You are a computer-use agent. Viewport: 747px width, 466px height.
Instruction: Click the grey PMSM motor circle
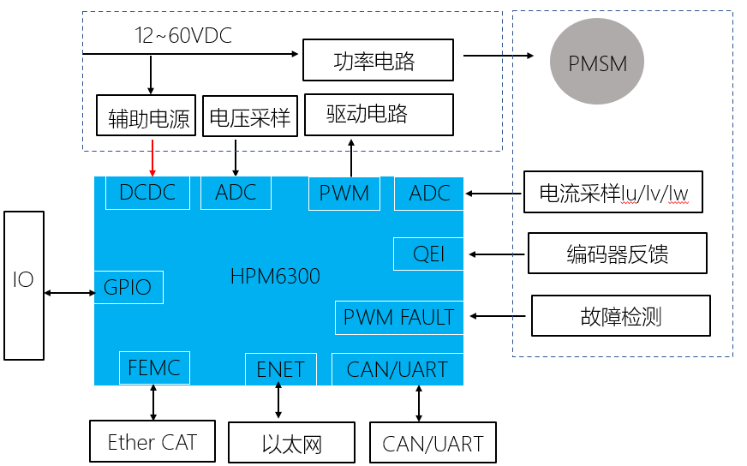tap(598, 63)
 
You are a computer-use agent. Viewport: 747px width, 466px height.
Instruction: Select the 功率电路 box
tap(374, 61)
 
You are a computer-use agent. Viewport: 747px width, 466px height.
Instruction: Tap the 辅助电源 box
tap(149, 116)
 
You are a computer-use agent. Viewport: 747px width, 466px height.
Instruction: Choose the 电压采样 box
tap(250, 116)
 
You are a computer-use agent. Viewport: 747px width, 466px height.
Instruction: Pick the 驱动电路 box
tap(379, 114)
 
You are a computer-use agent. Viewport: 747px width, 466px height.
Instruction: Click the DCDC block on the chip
tap(147, 193)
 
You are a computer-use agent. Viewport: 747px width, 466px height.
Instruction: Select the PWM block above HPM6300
tap(344, 194)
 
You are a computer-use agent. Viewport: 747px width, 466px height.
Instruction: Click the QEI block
tap(428, 254)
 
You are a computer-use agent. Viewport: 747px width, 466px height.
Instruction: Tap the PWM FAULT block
tap(398, 318)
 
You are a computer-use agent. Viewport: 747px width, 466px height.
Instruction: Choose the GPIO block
tap(128, 287)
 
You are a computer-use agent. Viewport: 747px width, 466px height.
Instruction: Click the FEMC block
tap(154, 368)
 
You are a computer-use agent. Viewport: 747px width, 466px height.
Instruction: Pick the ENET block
tap(280, 369)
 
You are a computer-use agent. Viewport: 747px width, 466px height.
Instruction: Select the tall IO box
tap(23, 285)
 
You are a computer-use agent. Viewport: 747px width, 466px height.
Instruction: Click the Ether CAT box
tap(152, 441)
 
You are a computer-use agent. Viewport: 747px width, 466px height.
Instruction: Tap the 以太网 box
tap(291, 445)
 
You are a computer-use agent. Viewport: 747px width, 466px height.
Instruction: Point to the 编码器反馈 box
tap(618, 254)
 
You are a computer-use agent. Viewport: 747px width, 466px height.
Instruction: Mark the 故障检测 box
tap(621, 316)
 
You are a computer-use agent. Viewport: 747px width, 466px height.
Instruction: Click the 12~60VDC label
tap(183, 36)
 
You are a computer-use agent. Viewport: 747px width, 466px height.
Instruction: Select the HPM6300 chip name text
tap(275, 276)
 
